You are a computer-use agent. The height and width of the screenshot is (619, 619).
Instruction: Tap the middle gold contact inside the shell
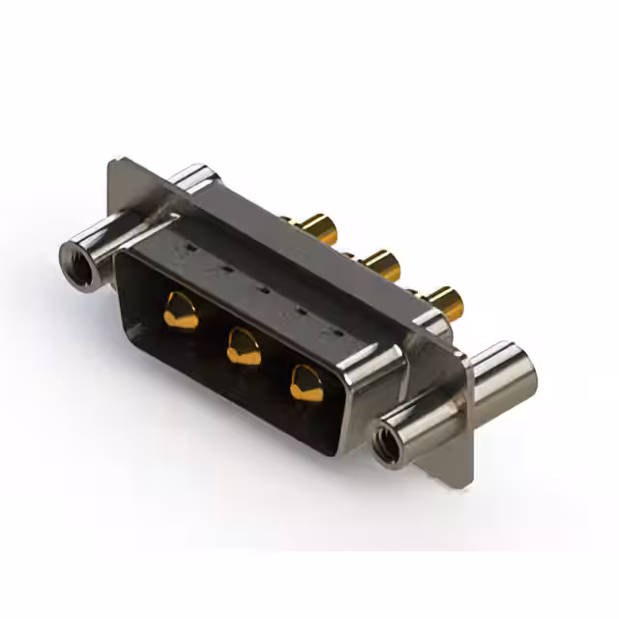click(x=244, y=345)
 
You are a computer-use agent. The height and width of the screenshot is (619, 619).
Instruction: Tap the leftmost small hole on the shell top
click(x=192, y=249)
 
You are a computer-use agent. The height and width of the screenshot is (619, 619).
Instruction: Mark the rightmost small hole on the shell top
click(x=336, y=332)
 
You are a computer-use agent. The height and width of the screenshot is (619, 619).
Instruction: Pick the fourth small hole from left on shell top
click(x=299, y=310)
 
